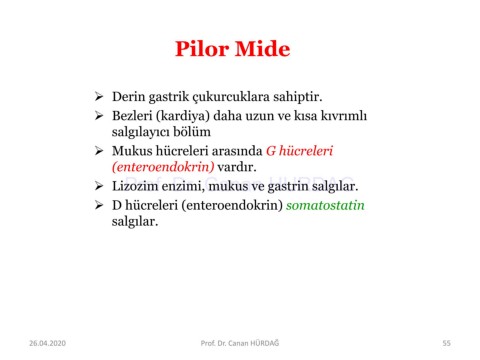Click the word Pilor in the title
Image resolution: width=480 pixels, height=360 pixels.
click(x=203, y=49)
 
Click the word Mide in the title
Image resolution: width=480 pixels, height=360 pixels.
click(x=263, y=49)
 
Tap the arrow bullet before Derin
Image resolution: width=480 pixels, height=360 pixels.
click(x=99, y=96)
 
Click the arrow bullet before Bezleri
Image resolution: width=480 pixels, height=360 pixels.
click(x=99, y=115)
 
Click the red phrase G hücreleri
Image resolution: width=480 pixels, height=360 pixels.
click(x=299, y=151)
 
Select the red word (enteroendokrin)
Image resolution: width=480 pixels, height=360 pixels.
click(x=163, y=167)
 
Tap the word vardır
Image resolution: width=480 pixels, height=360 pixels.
click(x=237, y=167)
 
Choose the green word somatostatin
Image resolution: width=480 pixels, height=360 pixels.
click(x=325, y=205)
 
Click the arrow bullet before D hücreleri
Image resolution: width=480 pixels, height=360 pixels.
click(x=99, y=205)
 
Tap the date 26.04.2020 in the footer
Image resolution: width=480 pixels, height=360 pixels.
click(x=48, y=343)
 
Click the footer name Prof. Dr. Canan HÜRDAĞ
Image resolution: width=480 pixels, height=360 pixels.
click(x=240, y=343)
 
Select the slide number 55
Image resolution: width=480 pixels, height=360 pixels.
click(x=447, y=343)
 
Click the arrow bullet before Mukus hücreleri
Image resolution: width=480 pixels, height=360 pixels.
click(x=99, y=150)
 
